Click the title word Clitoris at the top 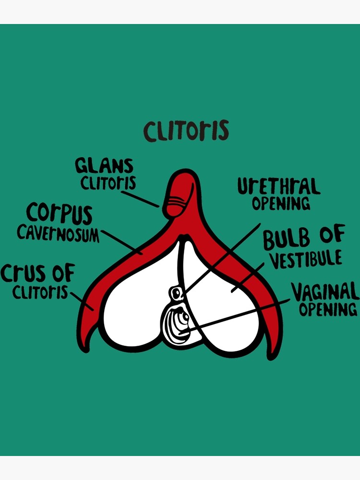pyautogui.click(x=186, y=131)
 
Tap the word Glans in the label pyautogui.click(x=104, y=166)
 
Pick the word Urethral pyautogui.click(x=279, y=186)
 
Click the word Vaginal pyautogui.click(x=325, y=292)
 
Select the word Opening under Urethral pyautogui.click(x=281, y=204)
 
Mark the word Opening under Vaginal pyautogui.click(x=328, y=309)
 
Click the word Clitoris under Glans pyautogui.click(x=108, y=183)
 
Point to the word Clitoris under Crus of pyautogui.click(x=40, y=292)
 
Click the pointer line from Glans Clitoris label pyautogui.click(x=140, y=199)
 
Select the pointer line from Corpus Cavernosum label pyautogui.click(x=121, y=242)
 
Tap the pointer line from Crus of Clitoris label pyautogui.click(x=82, y=301)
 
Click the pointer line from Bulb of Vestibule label pyautogui.click(x=248, y=277)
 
